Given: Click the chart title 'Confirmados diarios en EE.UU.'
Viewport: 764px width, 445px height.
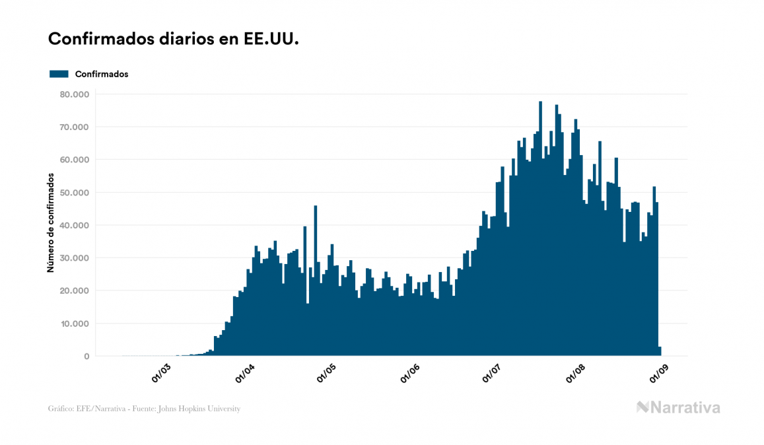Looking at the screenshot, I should tap(174, 39).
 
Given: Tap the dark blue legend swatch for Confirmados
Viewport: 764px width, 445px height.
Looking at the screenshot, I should tap(59, 74).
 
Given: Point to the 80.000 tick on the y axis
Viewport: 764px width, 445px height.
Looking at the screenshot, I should tap(73, 94).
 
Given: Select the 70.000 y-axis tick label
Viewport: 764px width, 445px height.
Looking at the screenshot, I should tap(73, 127).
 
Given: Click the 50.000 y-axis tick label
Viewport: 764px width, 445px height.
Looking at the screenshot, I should tap(73, 193).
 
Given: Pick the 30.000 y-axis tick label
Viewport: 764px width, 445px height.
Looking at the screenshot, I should tap(73, 258).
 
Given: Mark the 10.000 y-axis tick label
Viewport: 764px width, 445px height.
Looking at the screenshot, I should tap(73, 324).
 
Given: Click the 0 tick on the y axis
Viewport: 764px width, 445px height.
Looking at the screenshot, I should tap(87, 357).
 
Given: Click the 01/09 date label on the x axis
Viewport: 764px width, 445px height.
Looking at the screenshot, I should tap(660, 373).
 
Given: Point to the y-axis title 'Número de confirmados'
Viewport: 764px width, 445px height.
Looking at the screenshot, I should tap(50, 222).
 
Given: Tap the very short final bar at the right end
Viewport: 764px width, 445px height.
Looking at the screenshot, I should tap(660, 351).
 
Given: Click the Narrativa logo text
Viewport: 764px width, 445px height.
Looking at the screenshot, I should tap(685, 407).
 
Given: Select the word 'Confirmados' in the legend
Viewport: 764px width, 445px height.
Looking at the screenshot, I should tap(102, 74).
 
